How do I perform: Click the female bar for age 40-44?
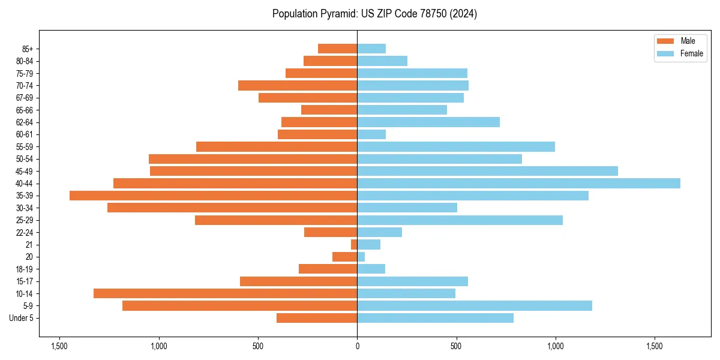[518, 183]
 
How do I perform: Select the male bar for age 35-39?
[213, 196]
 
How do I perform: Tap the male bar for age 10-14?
[225, 293]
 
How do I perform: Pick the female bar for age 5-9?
[475, 305]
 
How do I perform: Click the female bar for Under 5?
[435, 318]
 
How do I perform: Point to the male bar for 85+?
[337, 49]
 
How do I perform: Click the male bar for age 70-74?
[298, 85]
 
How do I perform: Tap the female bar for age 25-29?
[460, 220]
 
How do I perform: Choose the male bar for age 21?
[354, 244]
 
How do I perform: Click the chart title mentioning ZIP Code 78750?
[374, 14]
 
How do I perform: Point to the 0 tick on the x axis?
[357, 346]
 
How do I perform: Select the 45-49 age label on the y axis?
[24, 171]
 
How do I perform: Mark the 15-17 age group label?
[24, 281]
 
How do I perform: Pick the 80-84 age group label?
[24, 61]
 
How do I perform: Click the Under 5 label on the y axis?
[22, 318]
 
